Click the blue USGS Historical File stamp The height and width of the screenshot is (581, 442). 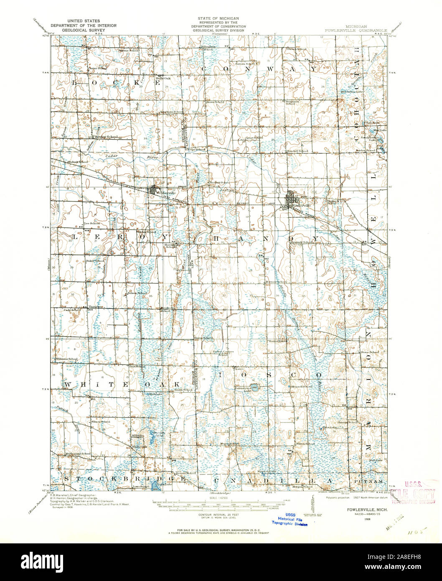[x=289, y=519]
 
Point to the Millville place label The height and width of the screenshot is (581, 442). [x=137, y=436]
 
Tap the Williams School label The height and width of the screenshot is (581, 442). [x=67, y=359]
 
